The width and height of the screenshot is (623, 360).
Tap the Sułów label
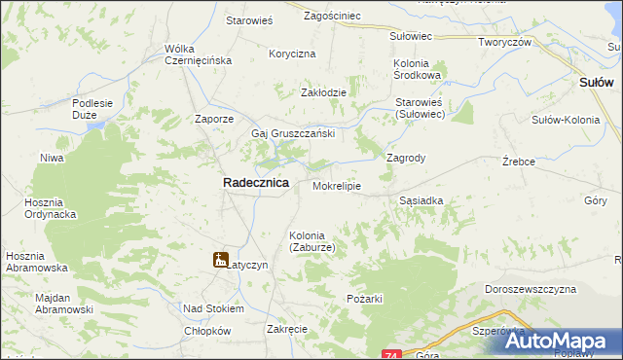(x=596, y=84)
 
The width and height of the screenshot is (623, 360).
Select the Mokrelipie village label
(x=337, y=185)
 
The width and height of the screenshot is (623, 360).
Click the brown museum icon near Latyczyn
(x=221, y=260)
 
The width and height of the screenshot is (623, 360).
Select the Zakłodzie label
(x=323, y=92)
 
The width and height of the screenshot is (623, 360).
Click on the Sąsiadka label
(x=421, y=200)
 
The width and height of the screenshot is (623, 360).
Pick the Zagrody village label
(x=407, y=157)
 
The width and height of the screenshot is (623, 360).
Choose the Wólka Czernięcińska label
(x=198, y=54)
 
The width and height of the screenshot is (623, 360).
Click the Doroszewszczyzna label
(x=531, y=289)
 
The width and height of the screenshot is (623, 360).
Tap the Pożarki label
(x=364, y=297)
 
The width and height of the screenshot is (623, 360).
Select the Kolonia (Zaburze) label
(x=312, y=241)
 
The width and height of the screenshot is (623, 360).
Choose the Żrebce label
(x=519, y=162)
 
